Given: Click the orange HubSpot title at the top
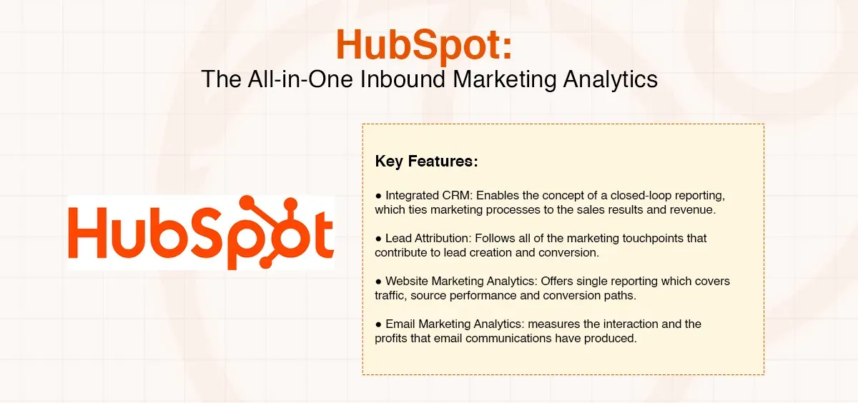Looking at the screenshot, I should tap(424, 45).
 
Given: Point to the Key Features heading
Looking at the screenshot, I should tap(426, 161).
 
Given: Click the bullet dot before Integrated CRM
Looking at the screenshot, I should tap(378, 195).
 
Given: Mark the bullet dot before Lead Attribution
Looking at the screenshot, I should tap(378, 238).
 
